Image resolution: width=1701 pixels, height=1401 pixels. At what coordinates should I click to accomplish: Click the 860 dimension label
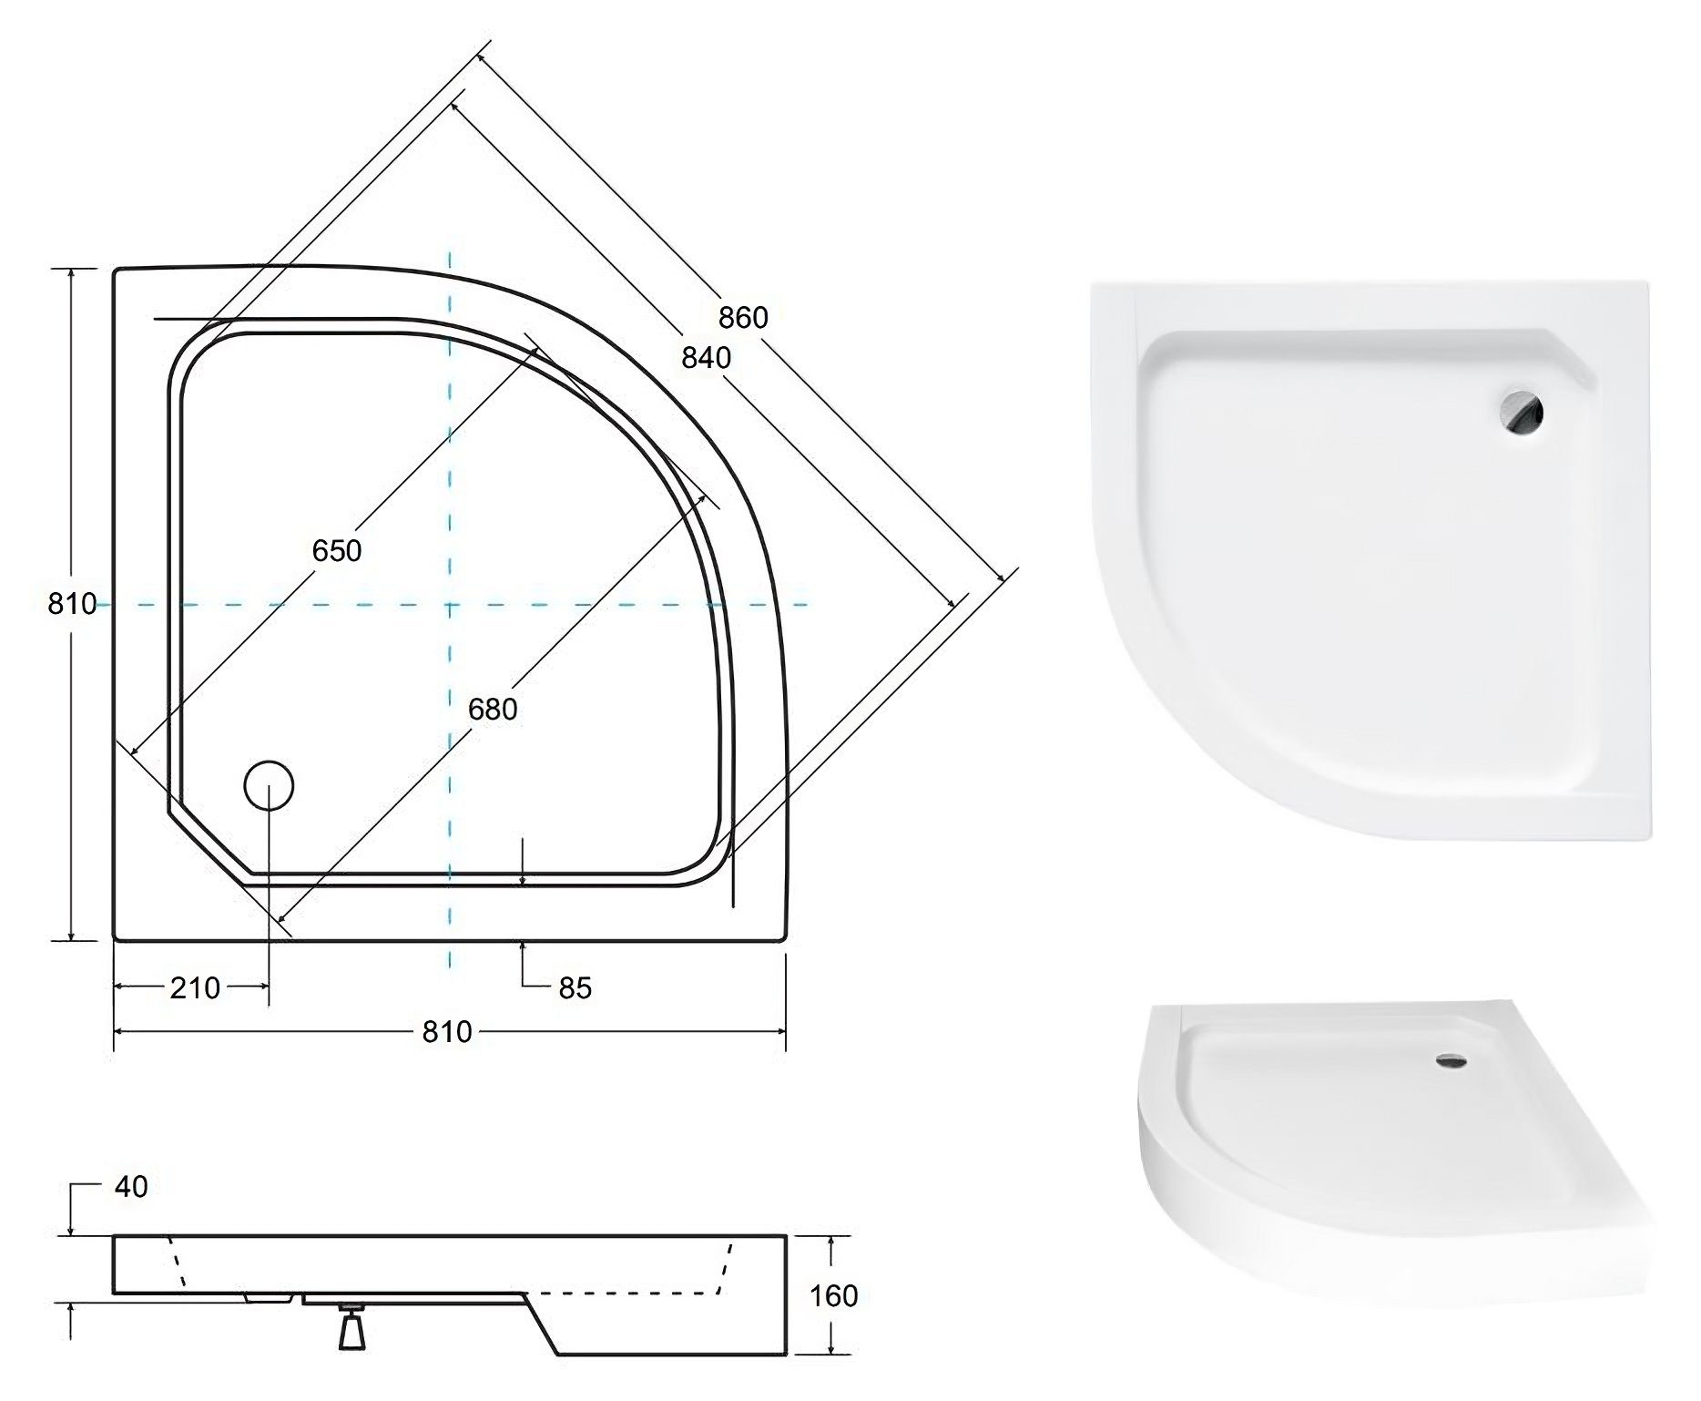click(x=743, y=317)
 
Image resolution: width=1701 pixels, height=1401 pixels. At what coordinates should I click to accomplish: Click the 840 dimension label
click(x=706, y=358)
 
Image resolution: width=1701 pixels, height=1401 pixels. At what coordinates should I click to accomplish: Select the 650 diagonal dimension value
click(x=336, y=550)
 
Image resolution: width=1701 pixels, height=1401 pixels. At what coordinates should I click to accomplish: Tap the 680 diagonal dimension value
click(x=493, y=708)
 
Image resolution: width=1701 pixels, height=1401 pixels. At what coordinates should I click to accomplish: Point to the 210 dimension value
click(x=195, y=987)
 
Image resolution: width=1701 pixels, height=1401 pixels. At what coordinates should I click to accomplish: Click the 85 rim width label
click(x=575, y=987)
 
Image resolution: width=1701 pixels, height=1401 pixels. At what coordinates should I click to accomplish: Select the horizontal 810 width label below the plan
click(x=447, y=1031)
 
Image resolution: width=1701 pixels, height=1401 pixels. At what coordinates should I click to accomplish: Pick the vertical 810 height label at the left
click(x=72, y=603)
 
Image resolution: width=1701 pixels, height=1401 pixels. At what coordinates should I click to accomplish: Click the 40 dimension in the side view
click(x=131, y=1186)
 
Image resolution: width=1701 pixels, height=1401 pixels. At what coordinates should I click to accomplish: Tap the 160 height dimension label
click(x=833, y=1295)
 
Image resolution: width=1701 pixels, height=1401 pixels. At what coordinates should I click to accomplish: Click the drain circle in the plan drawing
click(x=269, y=784)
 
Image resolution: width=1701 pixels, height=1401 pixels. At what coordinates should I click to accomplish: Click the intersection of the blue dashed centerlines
click(x=450, y=604)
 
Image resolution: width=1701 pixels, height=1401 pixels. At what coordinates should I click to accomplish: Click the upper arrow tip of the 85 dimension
click(x=522, y=883)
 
